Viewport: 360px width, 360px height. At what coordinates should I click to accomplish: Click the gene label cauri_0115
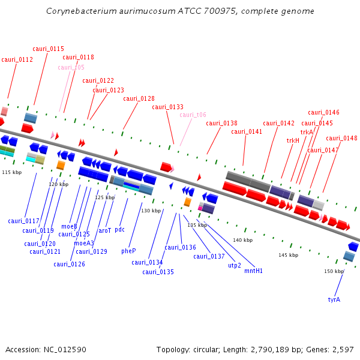pyautogui.click(x=49, y=49)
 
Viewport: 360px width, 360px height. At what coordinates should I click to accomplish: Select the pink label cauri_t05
pyautogui.click(x=71, y=67)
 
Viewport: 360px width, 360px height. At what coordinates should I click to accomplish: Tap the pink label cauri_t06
pyautogui.click(x=193, y=115)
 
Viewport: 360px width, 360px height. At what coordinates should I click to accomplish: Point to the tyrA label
pyautogui.click(x=334, y=299)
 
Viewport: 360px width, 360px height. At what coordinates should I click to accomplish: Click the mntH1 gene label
pyautogui.click(x=253, y=271)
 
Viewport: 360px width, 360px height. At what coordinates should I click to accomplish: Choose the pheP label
pyautogui.click(x=128, y=251)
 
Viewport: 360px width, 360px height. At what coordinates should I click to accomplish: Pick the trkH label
pyautogui.click(x=293, y=140)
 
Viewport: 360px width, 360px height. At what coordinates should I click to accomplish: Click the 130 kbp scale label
pyautogui.click(x=151, y=211)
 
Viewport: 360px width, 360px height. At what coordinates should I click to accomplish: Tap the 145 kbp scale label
pyautogui.click(x=288, y=255)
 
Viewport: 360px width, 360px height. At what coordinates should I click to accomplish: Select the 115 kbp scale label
pyautogui.click(x=11, y=172)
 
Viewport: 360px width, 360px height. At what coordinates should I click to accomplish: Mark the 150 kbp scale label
pyautogui.click(x=334, y=271)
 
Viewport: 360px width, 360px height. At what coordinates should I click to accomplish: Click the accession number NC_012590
pyautogui.click(x=65, y=349)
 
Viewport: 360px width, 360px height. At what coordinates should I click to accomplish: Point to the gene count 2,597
pyautogui.click(x=342, y=349)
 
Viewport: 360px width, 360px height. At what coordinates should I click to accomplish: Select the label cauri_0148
pyautogui.click(x=341, y=138)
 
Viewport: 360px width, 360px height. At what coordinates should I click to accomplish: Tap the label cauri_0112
pyautogui.click(x=17, y=59)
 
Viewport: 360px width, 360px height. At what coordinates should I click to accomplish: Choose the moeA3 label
pyautogui.click(x=84, y=243)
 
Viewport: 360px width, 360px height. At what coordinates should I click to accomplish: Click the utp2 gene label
pyautogui.click(x=235, y=265)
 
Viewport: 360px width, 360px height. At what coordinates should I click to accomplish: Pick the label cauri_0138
pyautogui.click(x=221, y=123)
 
